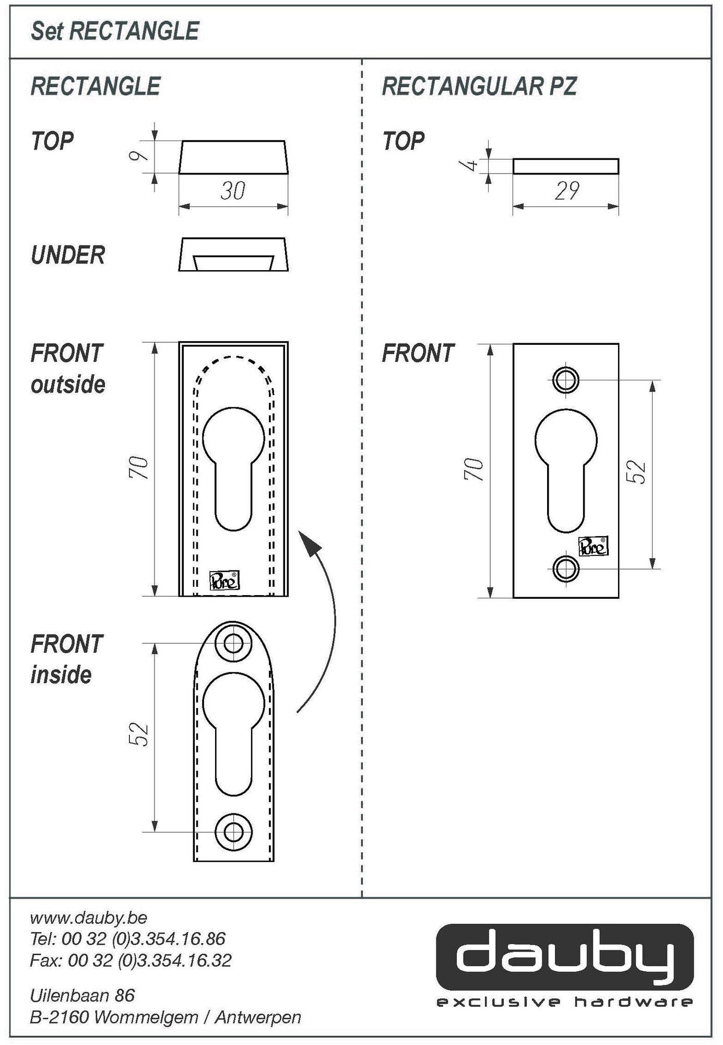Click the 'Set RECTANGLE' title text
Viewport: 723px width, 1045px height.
115,31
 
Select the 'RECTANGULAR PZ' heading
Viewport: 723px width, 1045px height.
479,86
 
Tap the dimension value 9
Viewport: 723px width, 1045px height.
139,156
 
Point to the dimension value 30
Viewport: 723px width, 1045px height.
233,191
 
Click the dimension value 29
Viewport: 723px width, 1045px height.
566,191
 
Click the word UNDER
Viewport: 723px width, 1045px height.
68,255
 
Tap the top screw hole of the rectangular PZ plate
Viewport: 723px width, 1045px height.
566,380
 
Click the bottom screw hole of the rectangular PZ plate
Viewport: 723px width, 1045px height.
566,568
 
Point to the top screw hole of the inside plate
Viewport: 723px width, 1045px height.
233,643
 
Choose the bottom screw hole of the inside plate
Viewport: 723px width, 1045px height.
233,831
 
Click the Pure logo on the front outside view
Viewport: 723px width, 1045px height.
224,580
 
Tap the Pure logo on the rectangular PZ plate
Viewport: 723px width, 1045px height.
594,547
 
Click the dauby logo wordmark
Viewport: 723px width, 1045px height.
565,956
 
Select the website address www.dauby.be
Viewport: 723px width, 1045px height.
89,918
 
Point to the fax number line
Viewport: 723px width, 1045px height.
131,960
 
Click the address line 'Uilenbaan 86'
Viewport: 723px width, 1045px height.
82,995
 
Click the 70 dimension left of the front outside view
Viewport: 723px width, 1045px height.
139,468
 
